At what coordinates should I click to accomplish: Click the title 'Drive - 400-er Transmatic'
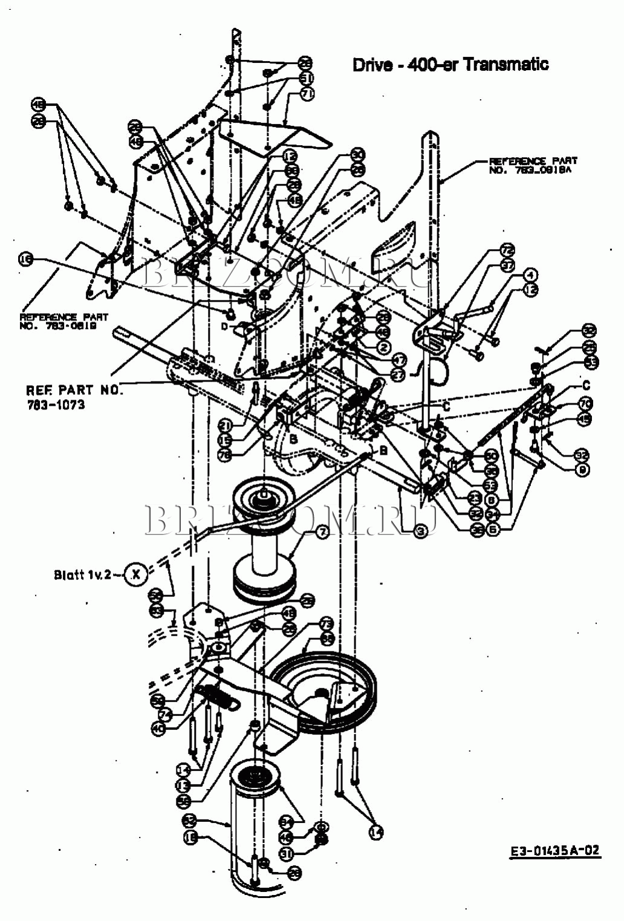[450, 64]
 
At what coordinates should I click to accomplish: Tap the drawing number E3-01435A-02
[555, 850]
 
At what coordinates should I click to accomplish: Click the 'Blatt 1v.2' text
[82, 574]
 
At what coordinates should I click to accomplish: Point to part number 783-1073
[56, 404]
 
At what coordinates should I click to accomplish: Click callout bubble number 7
[321, 532]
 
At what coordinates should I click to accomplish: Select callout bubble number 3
[420, 530]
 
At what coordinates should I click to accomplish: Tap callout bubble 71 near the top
[308, 94]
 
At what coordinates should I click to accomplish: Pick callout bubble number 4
[530, 275]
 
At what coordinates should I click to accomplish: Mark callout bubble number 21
[226, 426]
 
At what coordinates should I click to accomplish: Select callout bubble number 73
[327, 623]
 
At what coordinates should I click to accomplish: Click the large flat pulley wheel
[327, 689]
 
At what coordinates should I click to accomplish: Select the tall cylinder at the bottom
[254, 828]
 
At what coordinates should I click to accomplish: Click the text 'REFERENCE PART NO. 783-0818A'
[532, 165]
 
